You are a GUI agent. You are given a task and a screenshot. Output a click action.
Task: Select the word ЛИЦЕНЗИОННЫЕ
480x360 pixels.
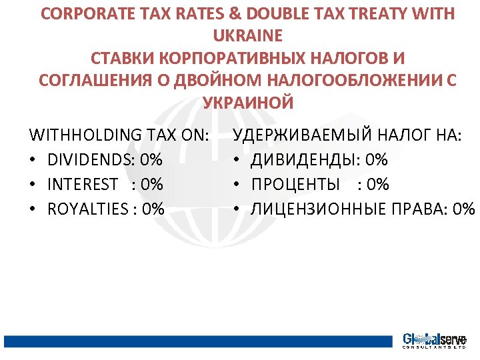point(319,209)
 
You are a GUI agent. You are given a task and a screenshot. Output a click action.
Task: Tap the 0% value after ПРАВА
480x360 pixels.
point(463,209)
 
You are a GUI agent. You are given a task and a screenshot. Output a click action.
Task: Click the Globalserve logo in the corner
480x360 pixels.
point(434,341)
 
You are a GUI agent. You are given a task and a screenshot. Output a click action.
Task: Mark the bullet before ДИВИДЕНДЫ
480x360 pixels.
point(237,160)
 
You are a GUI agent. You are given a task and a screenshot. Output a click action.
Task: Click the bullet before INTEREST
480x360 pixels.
point(34,185)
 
